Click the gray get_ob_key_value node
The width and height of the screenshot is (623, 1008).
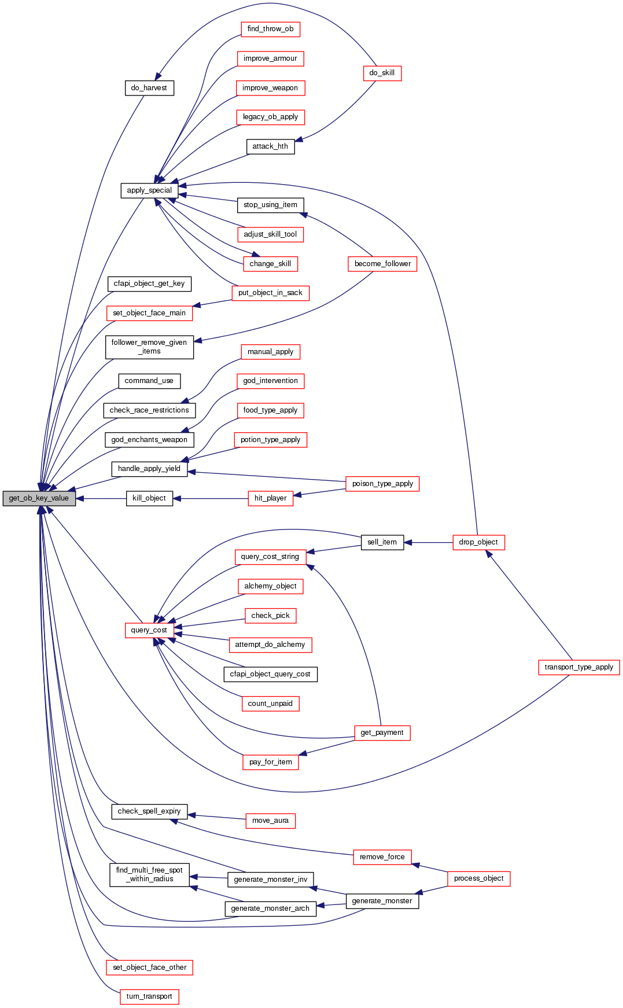[39, 498]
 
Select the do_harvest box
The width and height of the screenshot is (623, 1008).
[149, 88]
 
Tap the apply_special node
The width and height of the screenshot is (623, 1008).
[149, 190]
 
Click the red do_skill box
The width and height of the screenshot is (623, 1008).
[382, 73]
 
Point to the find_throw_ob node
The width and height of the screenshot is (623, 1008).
[270, 29]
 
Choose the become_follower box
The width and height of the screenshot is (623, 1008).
[382, 264]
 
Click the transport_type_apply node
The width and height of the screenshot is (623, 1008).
[578, 667]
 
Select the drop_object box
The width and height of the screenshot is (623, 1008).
[478, 542]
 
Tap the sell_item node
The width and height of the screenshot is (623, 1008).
[382, 542]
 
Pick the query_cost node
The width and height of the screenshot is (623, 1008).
[149, 630]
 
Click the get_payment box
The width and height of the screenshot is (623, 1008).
[382, 733]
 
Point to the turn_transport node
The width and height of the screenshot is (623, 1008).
[149, 996]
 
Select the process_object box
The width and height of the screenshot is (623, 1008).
[478, 878]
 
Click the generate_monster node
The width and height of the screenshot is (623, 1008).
[382, 901]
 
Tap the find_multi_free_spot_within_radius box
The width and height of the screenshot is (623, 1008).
[149, 874]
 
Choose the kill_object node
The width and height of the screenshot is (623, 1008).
[149, 498]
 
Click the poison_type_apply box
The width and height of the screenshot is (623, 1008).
[382, 484]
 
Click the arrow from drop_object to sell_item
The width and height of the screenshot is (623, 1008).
[428, 542]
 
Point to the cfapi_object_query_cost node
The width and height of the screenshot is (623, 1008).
[270, 674]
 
